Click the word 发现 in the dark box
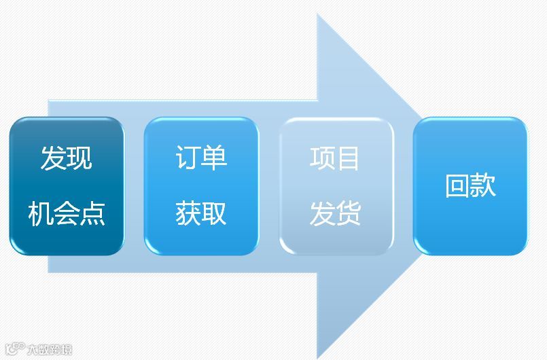66,158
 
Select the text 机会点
66,213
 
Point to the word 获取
201,213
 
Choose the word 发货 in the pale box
335,213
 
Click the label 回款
470,185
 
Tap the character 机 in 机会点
40,213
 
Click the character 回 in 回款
457,185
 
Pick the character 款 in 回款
483,185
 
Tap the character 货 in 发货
349,213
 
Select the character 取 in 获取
215,213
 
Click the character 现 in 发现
80,158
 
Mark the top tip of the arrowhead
318,15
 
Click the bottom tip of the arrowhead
318,357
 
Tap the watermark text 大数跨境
49,350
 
